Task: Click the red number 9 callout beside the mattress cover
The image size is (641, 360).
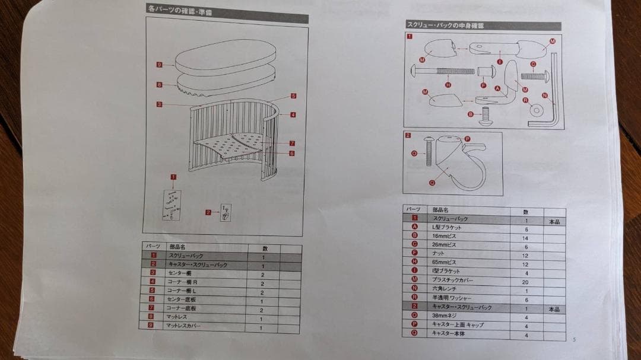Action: tap(160, 65)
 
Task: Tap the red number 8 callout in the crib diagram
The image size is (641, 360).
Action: tap(159, 85)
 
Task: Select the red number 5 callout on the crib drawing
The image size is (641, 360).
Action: tap(293, 95)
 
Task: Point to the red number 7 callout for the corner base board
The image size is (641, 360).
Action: tap(293, 144)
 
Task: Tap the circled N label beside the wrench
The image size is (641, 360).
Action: tap(545, 95)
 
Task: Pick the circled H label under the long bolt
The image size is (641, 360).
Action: tap(448, 85)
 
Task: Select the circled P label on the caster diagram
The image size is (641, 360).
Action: tap(467, 139)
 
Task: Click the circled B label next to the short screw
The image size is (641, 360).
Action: tap(471, 114)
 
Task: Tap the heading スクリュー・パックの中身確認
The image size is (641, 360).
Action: tap(445, 26)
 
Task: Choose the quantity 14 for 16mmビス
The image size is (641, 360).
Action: tap(525, 238)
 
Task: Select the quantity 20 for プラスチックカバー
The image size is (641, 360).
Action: tap(525, 282)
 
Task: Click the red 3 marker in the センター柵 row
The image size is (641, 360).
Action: tap(153, 273)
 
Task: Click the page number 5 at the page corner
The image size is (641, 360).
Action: tap(574, 339)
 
